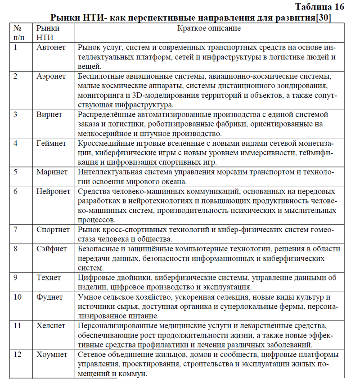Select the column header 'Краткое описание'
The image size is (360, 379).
(208, 28)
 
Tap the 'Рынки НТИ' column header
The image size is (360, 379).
(48, 32)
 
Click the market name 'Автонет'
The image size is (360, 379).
(51, 47)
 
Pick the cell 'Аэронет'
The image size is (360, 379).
(51, 76)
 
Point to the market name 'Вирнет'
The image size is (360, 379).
(49, 114)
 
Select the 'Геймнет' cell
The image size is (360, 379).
(51, 143)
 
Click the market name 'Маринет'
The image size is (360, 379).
(52, 172)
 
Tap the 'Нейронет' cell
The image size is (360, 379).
(54, 191)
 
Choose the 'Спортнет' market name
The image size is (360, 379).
(54, 230)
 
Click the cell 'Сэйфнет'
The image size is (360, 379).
(52, 249)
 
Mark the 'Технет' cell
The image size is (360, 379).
(49, 278)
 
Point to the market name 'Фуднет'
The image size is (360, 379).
(49, 297)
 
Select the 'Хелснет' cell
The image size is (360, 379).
(51, 325)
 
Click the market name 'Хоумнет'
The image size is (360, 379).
(52, 354)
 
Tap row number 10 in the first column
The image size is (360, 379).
(18, 297)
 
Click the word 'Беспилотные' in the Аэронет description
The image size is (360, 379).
(99, 76)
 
